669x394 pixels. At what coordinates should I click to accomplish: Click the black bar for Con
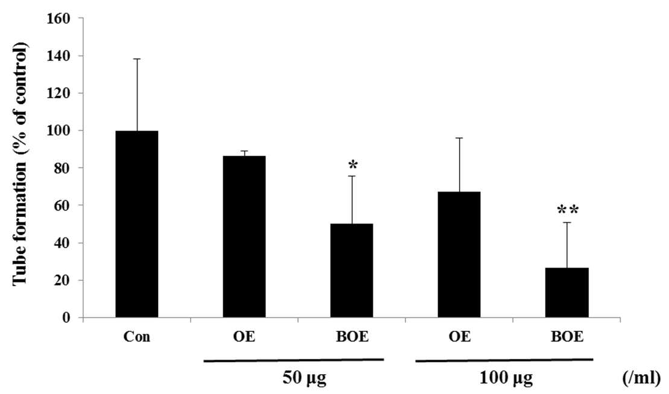136,224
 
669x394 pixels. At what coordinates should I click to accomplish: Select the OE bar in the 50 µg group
244,237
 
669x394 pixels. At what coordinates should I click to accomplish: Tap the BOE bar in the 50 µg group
352,270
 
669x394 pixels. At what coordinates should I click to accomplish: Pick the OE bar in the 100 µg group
459,255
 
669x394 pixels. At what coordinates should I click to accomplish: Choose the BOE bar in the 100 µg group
567,293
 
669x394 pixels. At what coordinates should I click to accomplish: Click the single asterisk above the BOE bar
352,165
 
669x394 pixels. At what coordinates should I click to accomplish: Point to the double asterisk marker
568,210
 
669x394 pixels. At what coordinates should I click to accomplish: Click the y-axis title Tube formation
20,164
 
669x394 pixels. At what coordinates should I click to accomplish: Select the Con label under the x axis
136,337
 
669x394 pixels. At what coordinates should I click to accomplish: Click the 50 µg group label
304,378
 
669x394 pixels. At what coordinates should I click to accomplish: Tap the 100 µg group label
506,378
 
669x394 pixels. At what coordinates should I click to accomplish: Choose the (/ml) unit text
641,378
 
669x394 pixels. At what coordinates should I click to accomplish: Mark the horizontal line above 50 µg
294,360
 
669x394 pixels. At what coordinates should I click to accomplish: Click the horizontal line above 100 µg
504,360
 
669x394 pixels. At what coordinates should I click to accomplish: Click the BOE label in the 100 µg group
567,337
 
